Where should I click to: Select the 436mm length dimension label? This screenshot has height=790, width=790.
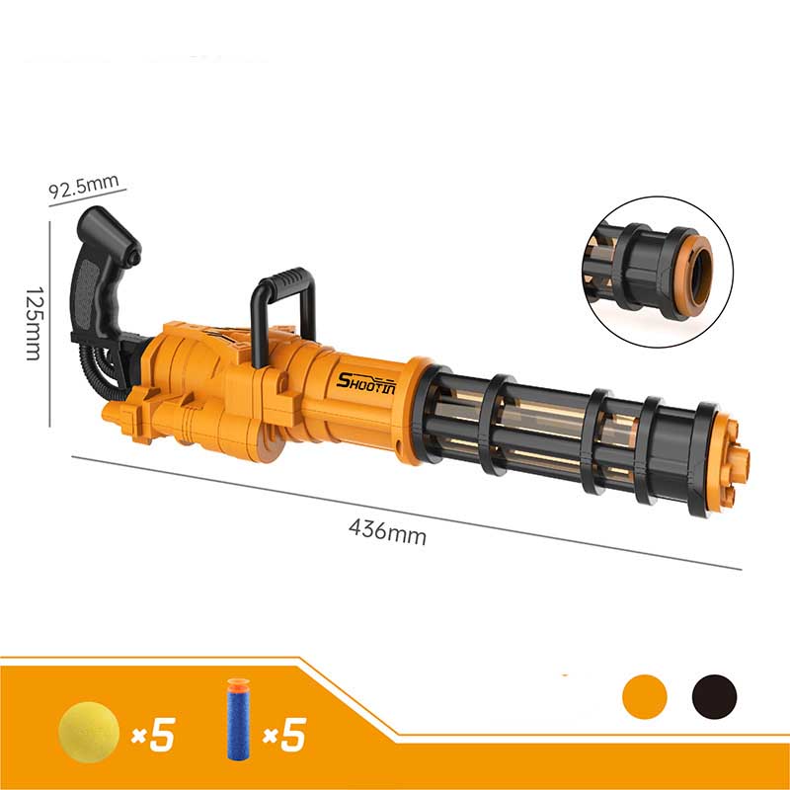387,532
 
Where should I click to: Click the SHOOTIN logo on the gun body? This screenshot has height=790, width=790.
365,383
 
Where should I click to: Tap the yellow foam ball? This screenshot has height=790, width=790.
89,732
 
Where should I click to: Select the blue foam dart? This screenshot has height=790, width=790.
238,720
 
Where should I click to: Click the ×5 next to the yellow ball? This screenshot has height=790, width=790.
153,734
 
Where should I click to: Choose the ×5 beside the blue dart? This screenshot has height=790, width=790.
284,734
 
